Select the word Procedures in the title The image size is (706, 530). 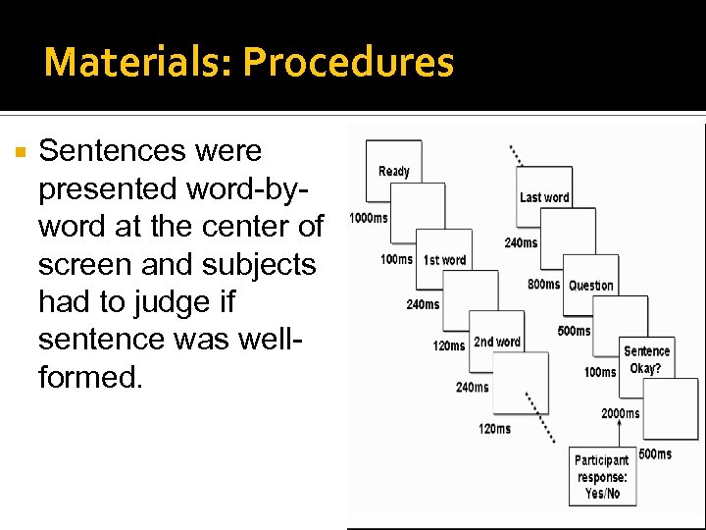[x=348, y=62]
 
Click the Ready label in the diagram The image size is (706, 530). [x=393, y=172]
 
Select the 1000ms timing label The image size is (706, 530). [x=368, y=218]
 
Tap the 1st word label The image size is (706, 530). [x=444, y=260]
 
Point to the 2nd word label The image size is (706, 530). [x=496, y=343]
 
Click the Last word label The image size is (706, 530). [x=544, y=197]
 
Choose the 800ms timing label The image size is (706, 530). [x=543, y=285]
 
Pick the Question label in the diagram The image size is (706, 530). [x=590, y=286]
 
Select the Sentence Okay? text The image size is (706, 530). [x=646, y=360]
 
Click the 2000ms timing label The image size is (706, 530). [x=621, y=413]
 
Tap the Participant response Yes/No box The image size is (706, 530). [x=601, y=477]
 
